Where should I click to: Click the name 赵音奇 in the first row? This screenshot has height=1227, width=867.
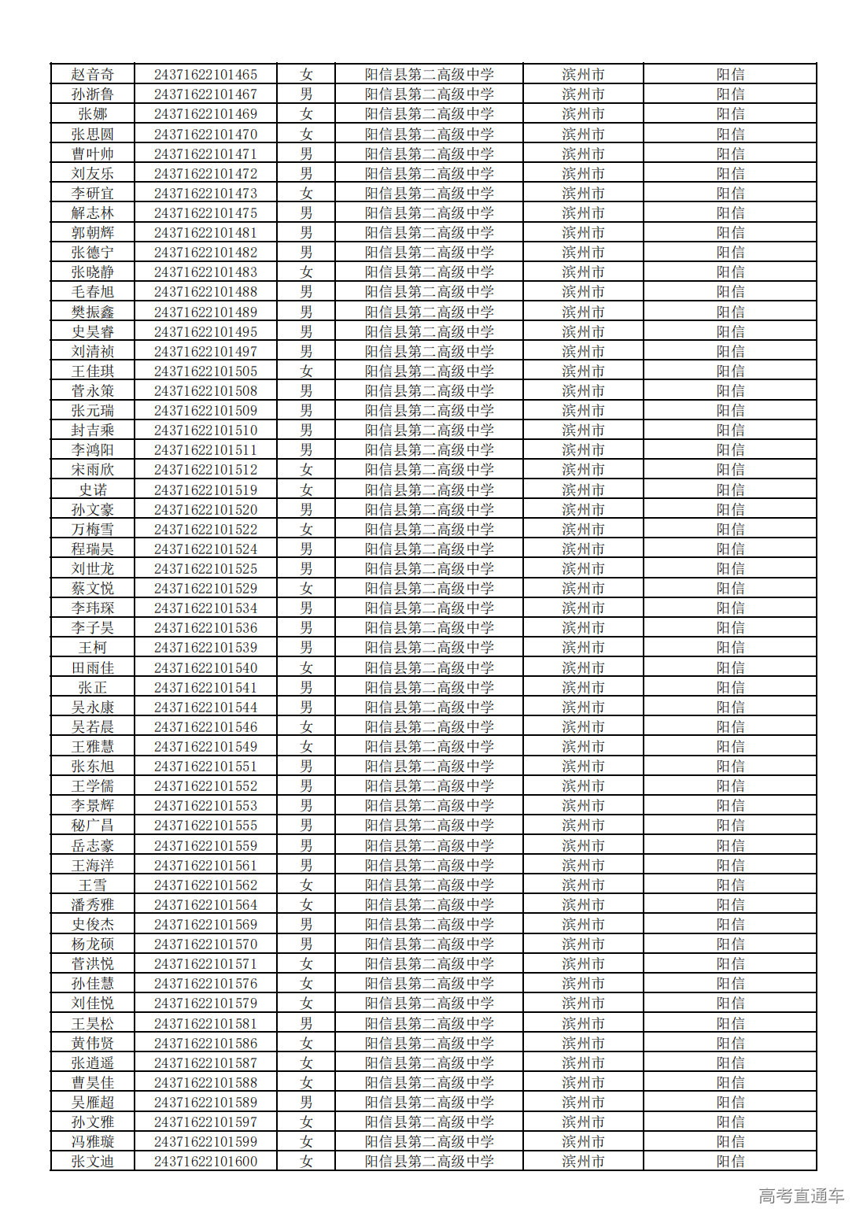[93, 75]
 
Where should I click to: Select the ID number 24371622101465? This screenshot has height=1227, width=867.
[205, 75]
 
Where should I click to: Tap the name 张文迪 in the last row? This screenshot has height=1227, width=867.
[93, 1162]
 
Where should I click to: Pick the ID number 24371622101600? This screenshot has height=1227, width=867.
[205, 1162]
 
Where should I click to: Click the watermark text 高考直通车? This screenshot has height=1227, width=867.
[801, 1196]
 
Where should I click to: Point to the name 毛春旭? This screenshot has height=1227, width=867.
[93, 292]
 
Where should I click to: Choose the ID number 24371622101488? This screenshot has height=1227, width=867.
[205, 292]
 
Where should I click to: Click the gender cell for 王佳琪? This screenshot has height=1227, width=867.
[306, 371]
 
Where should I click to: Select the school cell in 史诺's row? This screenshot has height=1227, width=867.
[429, 490]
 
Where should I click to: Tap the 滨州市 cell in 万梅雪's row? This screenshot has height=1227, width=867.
[583, 530]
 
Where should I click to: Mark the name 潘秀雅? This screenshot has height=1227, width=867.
[93, 905]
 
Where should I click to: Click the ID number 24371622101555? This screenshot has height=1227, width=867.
[205, 826]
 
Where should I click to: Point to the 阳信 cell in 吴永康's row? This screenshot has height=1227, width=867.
[730, 708]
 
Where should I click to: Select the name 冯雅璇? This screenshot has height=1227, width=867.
[93, 1142]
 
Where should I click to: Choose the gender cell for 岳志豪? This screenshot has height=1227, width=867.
[306, 846]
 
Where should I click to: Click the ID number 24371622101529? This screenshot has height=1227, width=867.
[205, 589]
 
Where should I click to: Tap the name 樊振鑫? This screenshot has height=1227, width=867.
[93, 312]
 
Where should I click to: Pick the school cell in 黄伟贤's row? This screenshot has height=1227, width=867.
[429, 1044]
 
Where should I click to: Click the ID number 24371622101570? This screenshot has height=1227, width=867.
[205, 944]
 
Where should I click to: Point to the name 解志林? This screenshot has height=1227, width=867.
[93, 213]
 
